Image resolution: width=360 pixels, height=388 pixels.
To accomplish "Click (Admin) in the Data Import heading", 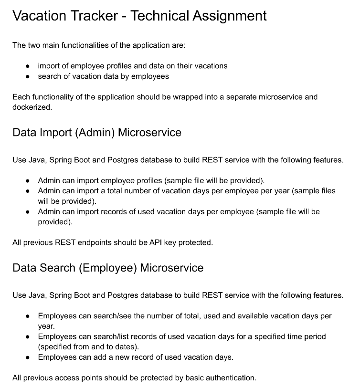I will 94,132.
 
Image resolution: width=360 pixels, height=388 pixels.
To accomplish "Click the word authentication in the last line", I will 231,378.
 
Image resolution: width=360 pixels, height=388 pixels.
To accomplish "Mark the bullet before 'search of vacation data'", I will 28,76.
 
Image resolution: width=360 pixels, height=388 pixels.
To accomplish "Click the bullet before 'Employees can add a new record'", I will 28,357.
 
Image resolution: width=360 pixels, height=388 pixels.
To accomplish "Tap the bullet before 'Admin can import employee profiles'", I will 28,180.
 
